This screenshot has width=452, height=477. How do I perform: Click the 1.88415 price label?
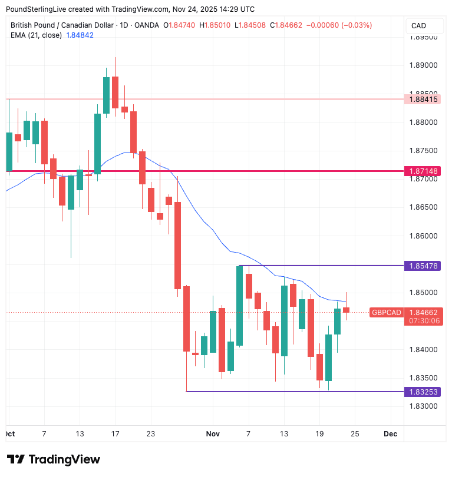(x=423, y=100)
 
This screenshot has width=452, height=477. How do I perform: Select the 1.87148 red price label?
(x=423, y=171)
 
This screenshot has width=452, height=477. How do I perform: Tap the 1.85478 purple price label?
(x=423, y=266)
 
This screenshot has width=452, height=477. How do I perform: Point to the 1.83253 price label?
(x=423, y=392)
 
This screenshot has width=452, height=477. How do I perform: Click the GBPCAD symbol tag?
(x=387, y=312)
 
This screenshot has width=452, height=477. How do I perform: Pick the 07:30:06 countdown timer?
(x=423, y=321)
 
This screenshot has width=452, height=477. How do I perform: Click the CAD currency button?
(x=419, y=26)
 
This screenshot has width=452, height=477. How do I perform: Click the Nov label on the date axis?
(x=213, y=434)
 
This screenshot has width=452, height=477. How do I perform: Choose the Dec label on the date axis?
(x=390, y=434)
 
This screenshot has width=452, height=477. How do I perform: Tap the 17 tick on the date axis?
(x=115, y=434)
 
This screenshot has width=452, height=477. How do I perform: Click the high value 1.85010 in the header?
(x=218, y=26)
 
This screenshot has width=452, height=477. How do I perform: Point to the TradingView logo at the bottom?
(x=54, y=459)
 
